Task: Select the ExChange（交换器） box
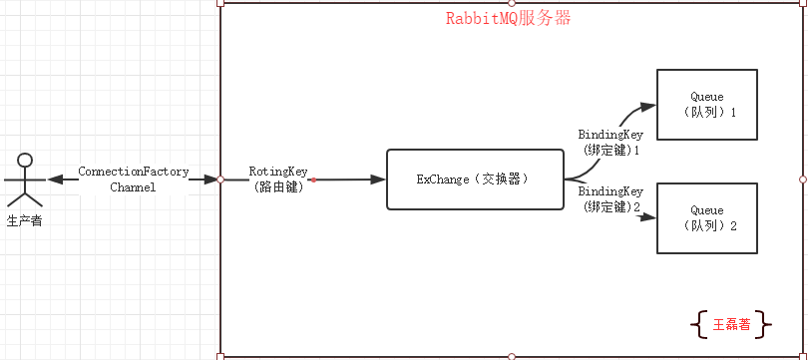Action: (x=471, y=180)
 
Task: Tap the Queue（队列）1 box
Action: (x=706, y=105)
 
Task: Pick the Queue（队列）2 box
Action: (x=706, y=217)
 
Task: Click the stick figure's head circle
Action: (x=26, y=160)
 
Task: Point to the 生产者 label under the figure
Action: (x=25, y=220)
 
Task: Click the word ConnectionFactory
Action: (x=133, y=172)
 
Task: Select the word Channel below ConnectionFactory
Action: (x=133, y=186)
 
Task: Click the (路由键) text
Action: (x=278, y=186)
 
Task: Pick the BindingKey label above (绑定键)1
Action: (x=610, y=134)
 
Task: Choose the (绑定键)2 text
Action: (x=611, y=206)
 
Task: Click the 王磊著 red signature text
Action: (x=732, y=324)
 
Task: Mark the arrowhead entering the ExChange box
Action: (x=378, y=180)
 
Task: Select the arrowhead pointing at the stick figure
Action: (x=57, y=180)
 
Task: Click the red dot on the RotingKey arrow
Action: (x=313, y=180)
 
